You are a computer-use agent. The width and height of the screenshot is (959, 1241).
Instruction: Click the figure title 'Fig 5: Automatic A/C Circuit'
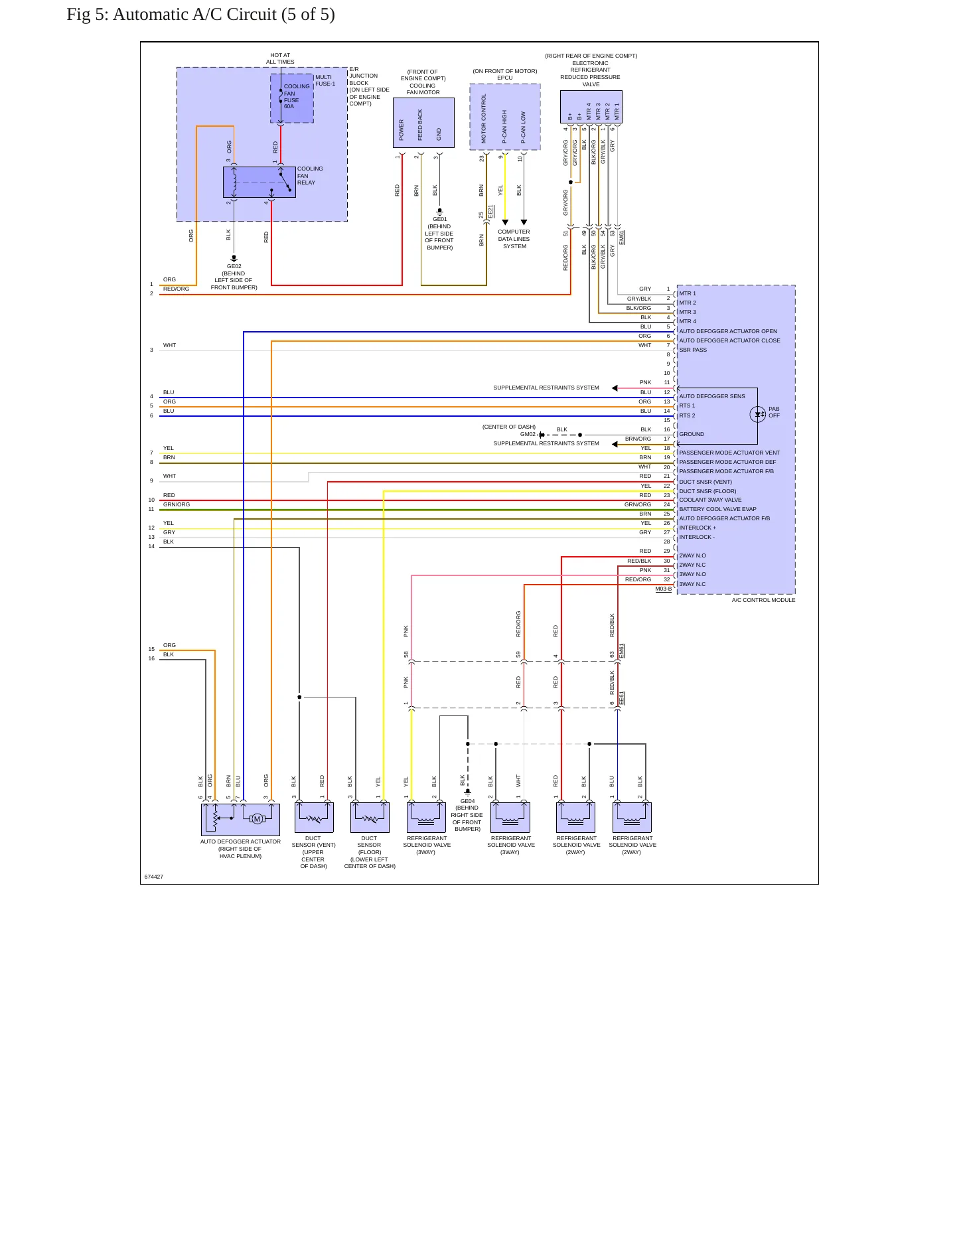tap(173, 15)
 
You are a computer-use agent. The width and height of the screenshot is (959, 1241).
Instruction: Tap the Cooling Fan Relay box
tap(259, 182)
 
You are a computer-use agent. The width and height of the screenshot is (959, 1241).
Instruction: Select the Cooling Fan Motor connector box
tap(423, 123)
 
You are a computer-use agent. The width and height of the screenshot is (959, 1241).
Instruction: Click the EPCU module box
tap(505, 117)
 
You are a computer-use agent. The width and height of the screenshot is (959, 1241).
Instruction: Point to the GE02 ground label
tap(234, 266)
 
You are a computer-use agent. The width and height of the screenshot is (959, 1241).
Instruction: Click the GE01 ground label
tap(440, 219)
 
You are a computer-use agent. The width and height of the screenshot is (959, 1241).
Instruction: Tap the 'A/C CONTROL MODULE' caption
tap(763, 600)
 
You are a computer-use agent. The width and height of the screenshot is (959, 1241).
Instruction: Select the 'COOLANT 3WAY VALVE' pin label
tap(710, 500)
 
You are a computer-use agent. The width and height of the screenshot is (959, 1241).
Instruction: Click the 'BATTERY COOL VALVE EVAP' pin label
tap(717, 509)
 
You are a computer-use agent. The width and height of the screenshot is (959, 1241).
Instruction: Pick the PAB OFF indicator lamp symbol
tap(758, 415)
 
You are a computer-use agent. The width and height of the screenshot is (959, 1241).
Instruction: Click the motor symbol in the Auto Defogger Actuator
tap(257, 819)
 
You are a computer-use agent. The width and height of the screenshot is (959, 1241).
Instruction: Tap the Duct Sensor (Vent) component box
tap(314, 818)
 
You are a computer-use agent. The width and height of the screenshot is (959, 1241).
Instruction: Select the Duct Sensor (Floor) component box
tap(370, 818)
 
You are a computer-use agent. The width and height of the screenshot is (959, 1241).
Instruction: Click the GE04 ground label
tap(468, 801)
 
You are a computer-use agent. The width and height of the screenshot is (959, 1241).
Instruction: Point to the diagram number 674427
tap(154, 877)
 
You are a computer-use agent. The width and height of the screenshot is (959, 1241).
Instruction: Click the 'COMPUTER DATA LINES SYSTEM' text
tap(514, 239)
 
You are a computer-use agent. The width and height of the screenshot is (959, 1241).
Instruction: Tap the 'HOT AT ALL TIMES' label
tap(280, 58)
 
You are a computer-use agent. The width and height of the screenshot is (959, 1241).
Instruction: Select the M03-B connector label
tap(664, 589)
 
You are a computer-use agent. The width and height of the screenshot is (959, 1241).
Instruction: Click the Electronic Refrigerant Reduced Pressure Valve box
tap(591, 107)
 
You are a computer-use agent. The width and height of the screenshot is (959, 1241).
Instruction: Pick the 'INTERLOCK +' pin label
tap(698, 528)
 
